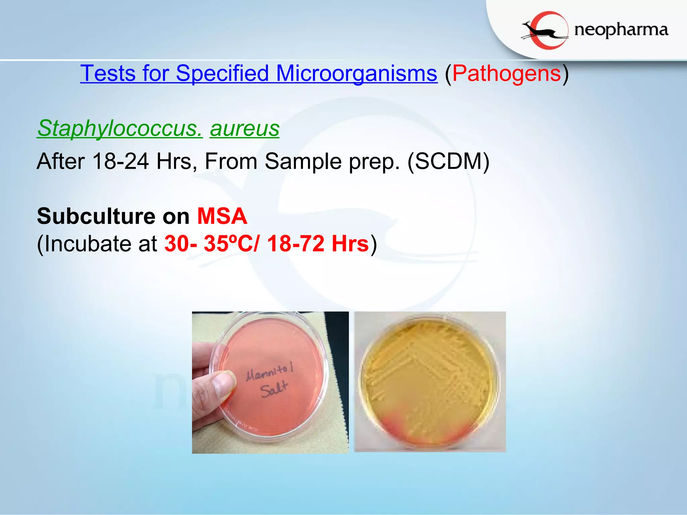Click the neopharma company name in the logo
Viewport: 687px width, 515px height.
pyautogui.click(x=621, y=30)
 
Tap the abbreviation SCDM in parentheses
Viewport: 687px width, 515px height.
pyautogui.click(x=448, y=161)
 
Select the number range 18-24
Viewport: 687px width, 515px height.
pyautogui.click(x=120, y=161)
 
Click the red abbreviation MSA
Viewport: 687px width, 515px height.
pyautogui.click(x=222, y=216)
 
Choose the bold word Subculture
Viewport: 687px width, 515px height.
pyautogui.click(x=96, y=216)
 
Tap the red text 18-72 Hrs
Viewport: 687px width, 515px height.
pyautogui.click(x=318, y=243)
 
